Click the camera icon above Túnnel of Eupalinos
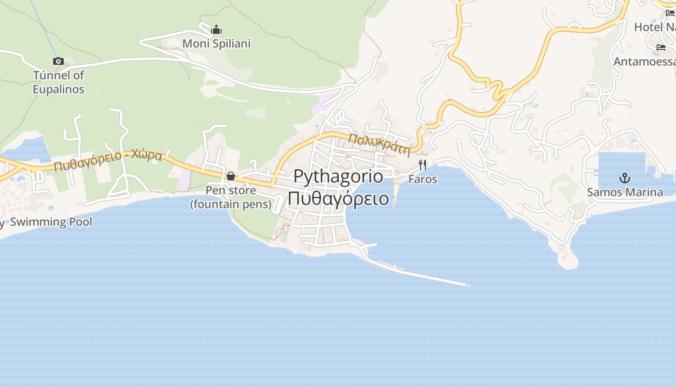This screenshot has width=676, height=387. point(58,61)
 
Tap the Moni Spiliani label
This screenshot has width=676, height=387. point(216,44)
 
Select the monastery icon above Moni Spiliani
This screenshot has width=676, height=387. point(216,30)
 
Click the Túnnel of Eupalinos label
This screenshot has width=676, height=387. point(58,82)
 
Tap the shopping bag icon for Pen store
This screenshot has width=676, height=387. point(231,176)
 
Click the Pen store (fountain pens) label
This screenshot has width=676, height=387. point(231,197)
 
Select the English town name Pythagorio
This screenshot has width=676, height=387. point(338,176)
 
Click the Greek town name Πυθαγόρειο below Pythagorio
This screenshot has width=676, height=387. point(338,198)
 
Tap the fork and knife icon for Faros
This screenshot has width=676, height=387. point(422,165)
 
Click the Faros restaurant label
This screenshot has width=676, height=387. point(422,179)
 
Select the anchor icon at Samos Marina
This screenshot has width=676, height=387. point(625,178)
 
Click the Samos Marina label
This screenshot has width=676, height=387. point(625,192)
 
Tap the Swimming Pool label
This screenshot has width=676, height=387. point(51,222)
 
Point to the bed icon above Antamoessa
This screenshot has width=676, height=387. point(661,47)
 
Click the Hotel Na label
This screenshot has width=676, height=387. point(655,27)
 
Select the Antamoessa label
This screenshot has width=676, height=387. point(645,62)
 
